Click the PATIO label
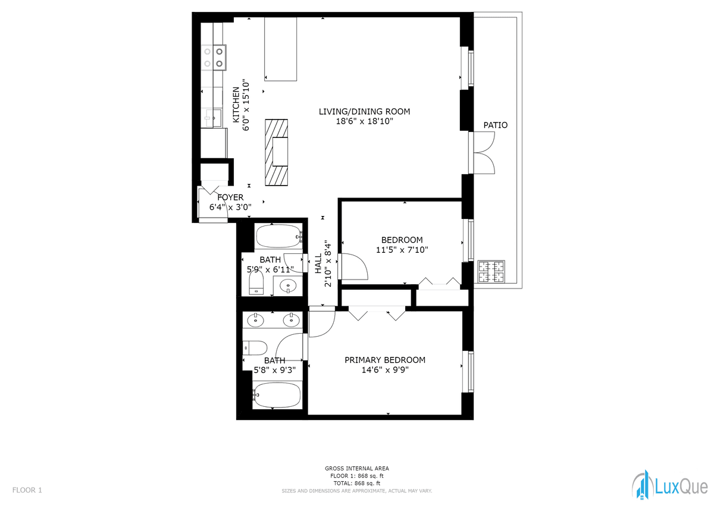pos(495,126)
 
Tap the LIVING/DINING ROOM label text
pos(364,111)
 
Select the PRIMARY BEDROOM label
pos(385,360)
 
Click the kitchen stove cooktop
pos(214,57)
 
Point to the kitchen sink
pos(213,118)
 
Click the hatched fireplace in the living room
pos(276,152)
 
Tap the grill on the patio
pos(491,272)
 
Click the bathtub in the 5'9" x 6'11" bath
pos(278,236)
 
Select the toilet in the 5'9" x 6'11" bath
pos(256,282)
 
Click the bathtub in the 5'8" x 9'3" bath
pos(276,395)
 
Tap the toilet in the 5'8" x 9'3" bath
pos(255,348)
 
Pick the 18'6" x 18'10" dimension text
pos(364,121)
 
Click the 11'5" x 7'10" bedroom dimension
pos(402,250)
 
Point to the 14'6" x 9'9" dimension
pos(385,370)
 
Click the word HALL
pos(318,264)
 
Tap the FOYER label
pos(230,197)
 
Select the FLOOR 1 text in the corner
pos(27,490)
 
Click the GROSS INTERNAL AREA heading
pos(356,468)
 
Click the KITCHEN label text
pos(236,105)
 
